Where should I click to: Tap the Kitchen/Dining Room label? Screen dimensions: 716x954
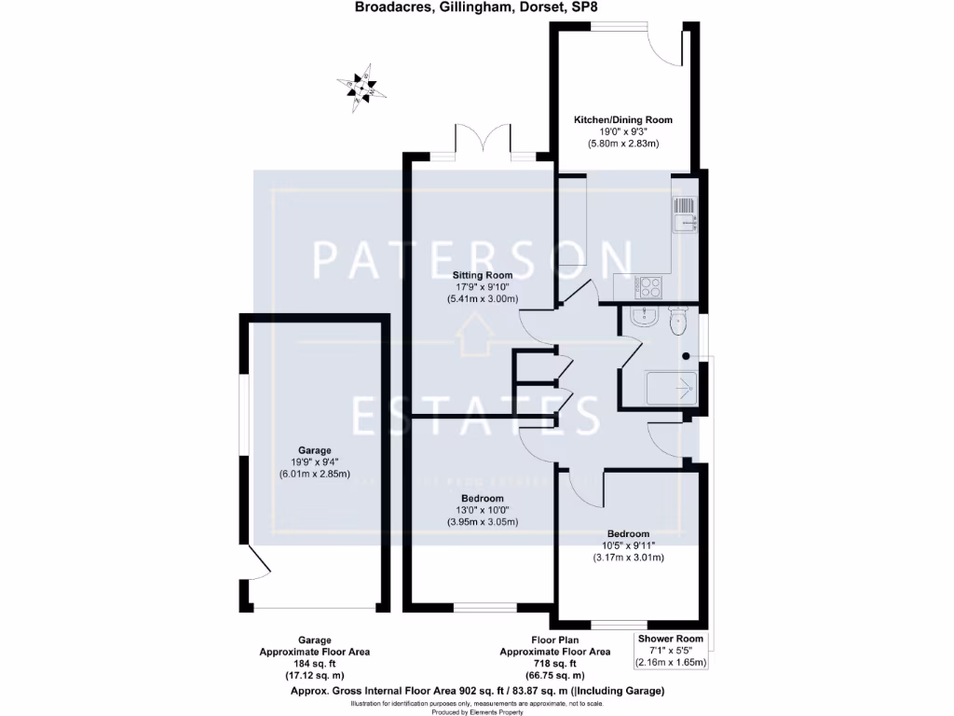pyautogui.click(x=622, y=120)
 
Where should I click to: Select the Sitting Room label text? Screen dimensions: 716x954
pyautogui.click(x=483, y=275)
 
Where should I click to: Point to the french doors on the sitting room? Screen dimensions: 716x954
pyautogui.click(x=483, y=140)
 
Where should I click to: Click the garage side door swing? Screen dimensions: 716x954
pyautogui.click(x=251, y=564)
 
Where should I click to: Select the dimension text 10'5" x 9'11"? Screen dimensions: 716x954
pyautogui.click(x=628, y=545)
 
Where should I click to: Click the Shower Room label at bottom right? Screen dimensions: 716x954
pyautogui.click(x=671, y=639)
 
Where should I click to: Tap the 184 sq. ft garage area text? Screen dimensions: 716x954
pyautogui.click(x=314, y=663)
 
